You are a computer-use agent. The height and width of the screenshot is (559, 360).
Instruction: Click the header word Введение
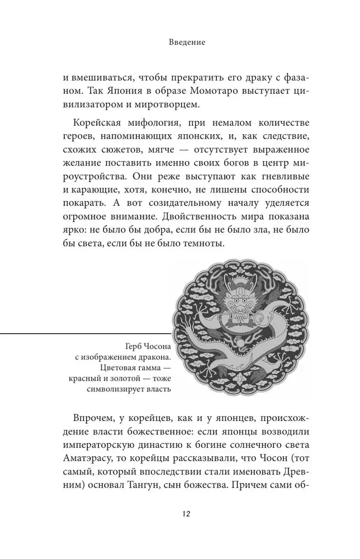point(180,41)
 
